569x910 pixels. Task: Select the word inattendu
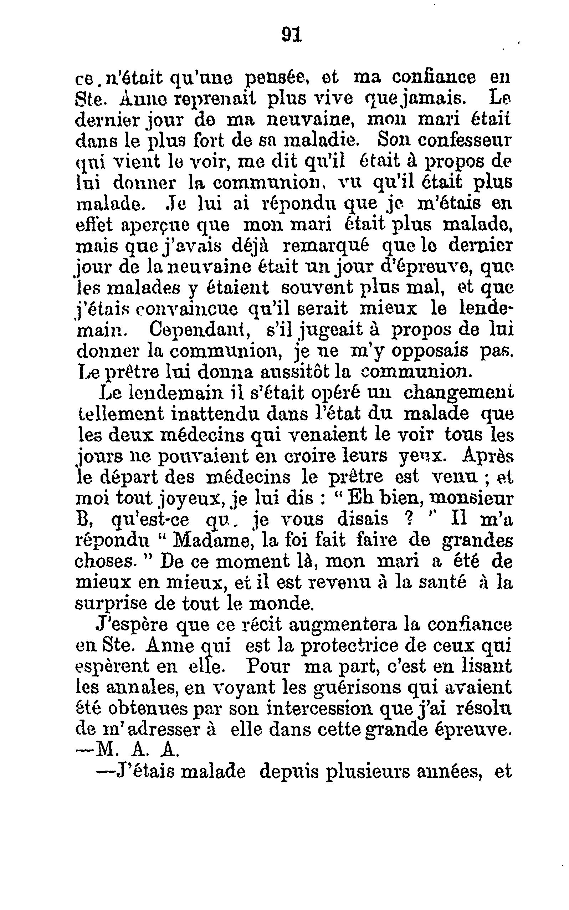(x=215, y=414)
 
